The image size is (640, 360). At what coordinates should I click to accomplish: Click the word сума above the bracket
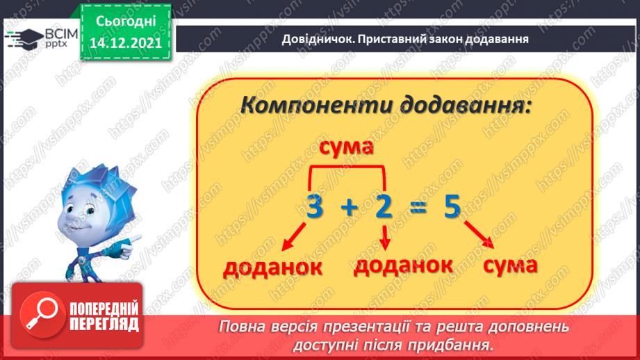pyautogui.click(x=346, y=147)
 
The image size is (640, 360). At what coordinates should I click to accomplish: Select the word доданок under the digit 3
pyautogui.click(x=272, y=268)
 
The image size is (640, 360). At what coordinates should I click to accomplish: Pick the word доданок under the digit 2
pyautogui.click(x=404, y=265)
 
